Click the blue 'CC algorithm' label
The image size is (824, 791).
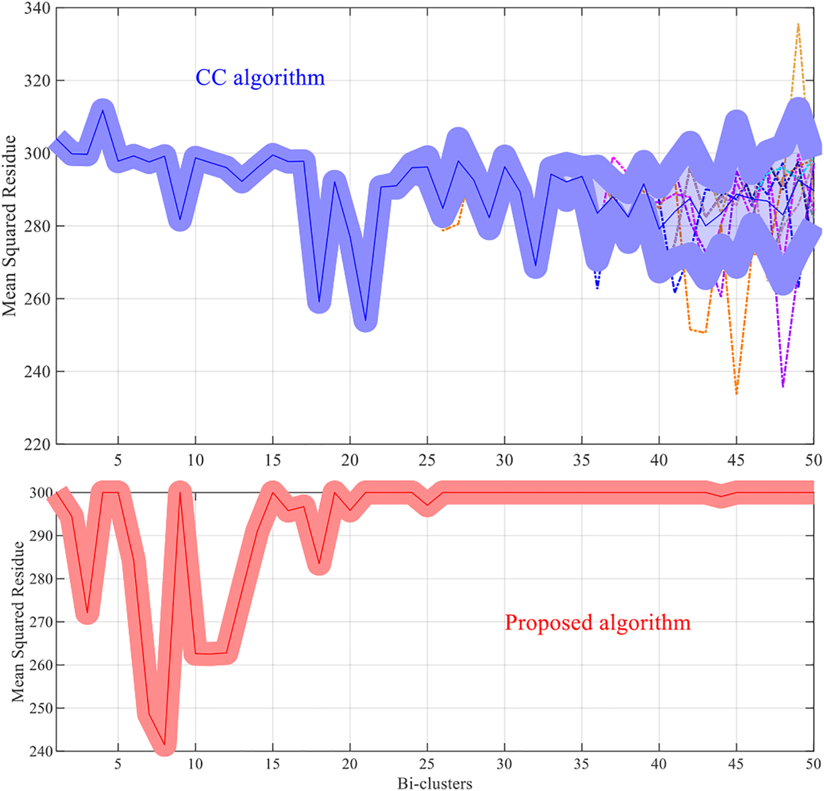click(x=260, y=78)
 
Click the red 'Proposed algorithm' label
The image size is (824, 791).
click(x=597, y=622)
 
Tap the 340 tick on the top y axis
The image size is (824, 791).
click(x=37, y=9)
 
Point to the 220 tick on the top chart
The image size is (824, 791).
click(x=37, y=444)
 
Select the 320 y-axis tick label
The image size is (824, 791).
click(x=37, y=81)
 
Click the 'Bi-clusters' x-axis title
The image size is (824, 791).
click(x=435, y=783)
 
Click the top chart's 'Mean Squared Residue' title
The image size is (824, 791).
click(x=9, y=226)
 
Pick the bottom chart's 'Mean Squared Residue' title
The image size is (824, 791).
click(x=18, y=621)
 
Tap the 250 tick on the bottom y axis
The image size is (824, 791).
click(x=42, y=708)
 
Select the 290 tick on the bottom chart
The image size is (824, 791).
click(x=42, y=535)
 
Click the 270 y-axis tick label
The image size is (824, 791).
click(x=42, y=622)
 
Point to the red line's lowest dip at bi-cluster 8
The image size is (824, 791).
click(x=165, y=745)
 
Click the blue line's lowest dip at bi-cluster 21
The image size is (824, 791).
click(x=366, y=320)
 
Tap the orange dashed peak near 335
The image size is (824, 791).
click(x=798, y=24)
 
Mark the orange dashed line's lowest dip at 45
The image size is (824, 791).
click(x=736, y=393)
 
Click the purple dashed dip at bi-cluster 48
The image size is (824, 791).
click(x=783, y=386)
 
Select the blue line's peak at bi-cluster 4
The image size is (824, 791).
click(x=103, y=110)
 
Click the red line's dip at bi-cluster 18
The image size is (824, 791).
click(x=319, y=564)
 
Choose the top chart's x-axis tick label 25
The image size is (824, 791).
click(x=427, y=460)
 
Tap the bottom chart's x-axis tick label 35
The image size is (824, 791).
click(x=582, y=764)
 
